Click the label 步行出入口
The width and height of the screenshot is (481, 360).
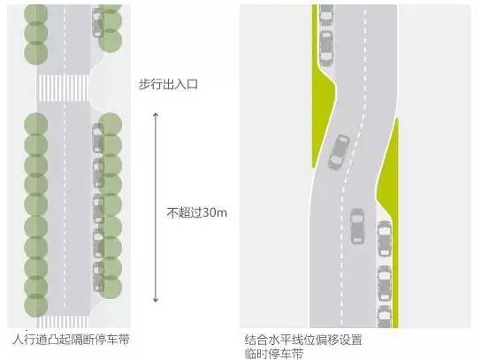[x=168, y=84]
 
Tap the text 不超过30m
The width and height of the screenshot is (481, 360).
[x=196, y=212]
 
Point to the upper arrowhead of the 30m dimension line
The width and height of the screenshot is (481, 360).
[x=156, y=115]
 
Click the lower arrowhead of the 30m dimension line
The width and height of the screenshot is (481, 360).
[x=156, y=300]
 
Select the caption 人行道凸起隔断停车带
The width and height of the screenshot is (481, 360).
[x=71, y=340]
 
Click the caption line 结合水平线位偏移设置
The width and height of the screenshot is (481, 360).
[x=303, y=340]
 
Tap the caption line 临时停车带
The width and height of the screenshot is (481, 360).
[x=274, y=354]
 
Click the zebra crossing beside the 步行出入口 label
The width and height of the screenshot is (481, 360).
[x=64, y=88]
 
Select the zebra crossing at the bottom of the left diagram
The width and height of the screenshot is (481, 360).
[x=63, y=321]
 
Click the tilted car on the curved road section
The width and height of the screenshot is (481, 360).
[x=339, y=152]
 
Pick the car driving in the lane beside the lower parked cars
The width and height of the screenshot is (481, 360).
[x=357, y=226]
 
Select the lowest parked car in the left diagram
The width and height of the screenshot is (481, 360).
[x=98, y=276]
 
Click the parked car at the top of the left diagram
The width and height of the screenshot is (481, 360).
[x=98, y=22]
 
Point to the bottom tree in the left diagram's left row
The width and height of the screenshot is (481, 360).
[x=36, y=305]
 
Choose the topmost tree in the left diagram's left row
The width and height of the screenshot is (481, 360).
[x=36, y=13]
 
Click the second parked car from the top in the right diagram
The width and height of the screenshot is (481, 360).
[x=326, y=48]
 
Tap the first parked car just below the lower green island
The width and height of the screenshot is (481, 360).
[x=385, y=238]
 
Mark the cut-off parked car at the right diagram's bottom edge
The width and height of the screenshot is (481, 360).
[x=385, y=317]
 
